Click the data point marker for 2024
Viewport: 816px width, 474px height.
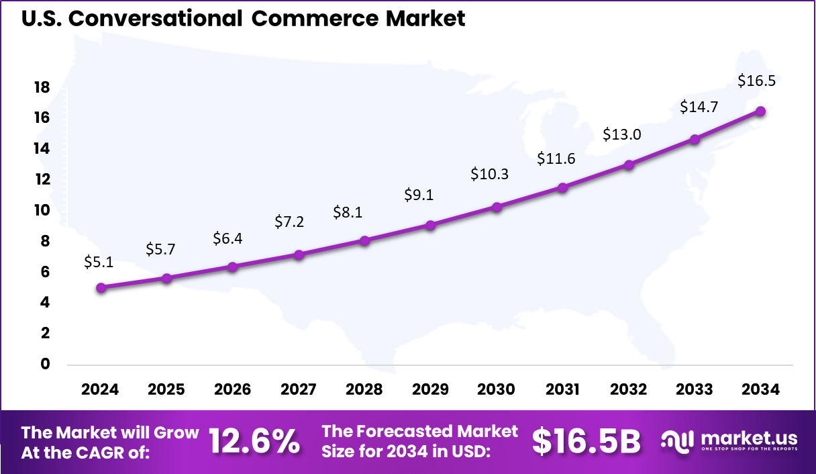[101, 288]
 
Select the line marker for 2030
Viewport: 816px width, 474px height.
[497, 207]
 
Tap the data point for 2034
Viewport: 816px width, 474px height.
[761, 111]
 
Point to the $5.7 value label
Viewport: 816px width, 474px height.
[160, 249]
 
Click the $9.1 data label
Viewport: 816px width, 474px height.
[419, 195]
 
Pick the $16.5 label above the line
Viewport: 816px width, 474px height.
[756, 81]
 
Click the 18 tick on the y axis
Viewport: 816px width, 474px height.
[42, 87]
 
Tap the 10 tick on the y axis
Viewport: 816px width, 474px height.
[42, 210]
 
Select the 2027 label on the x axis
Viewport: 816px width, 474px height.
[299, 390]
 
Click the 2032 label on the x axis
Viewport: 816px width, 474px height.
[629, 390]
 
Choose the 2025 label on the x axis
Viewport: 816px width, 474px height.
[166, 390]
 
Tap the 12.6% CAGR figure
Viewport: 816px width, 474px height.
[254, 442]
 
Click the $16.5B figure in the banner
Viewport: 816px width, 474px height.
[586, 442]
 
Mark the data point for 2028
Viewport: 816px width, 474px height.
[364, 240]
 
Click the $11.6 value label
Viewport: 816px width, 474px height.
[556, 159]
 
